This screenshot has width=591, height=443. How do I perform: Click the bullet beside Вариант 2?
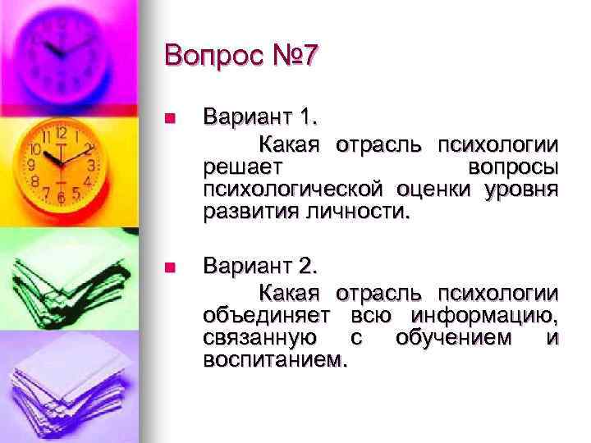pyautogui.click(x=170, y=267)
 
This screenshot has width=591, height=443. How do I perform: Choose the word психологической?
pyautogui.click(x=293, y=190)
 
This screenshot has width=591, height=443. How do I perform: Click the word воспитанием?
pyautogui.click(x=275, y=361)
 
